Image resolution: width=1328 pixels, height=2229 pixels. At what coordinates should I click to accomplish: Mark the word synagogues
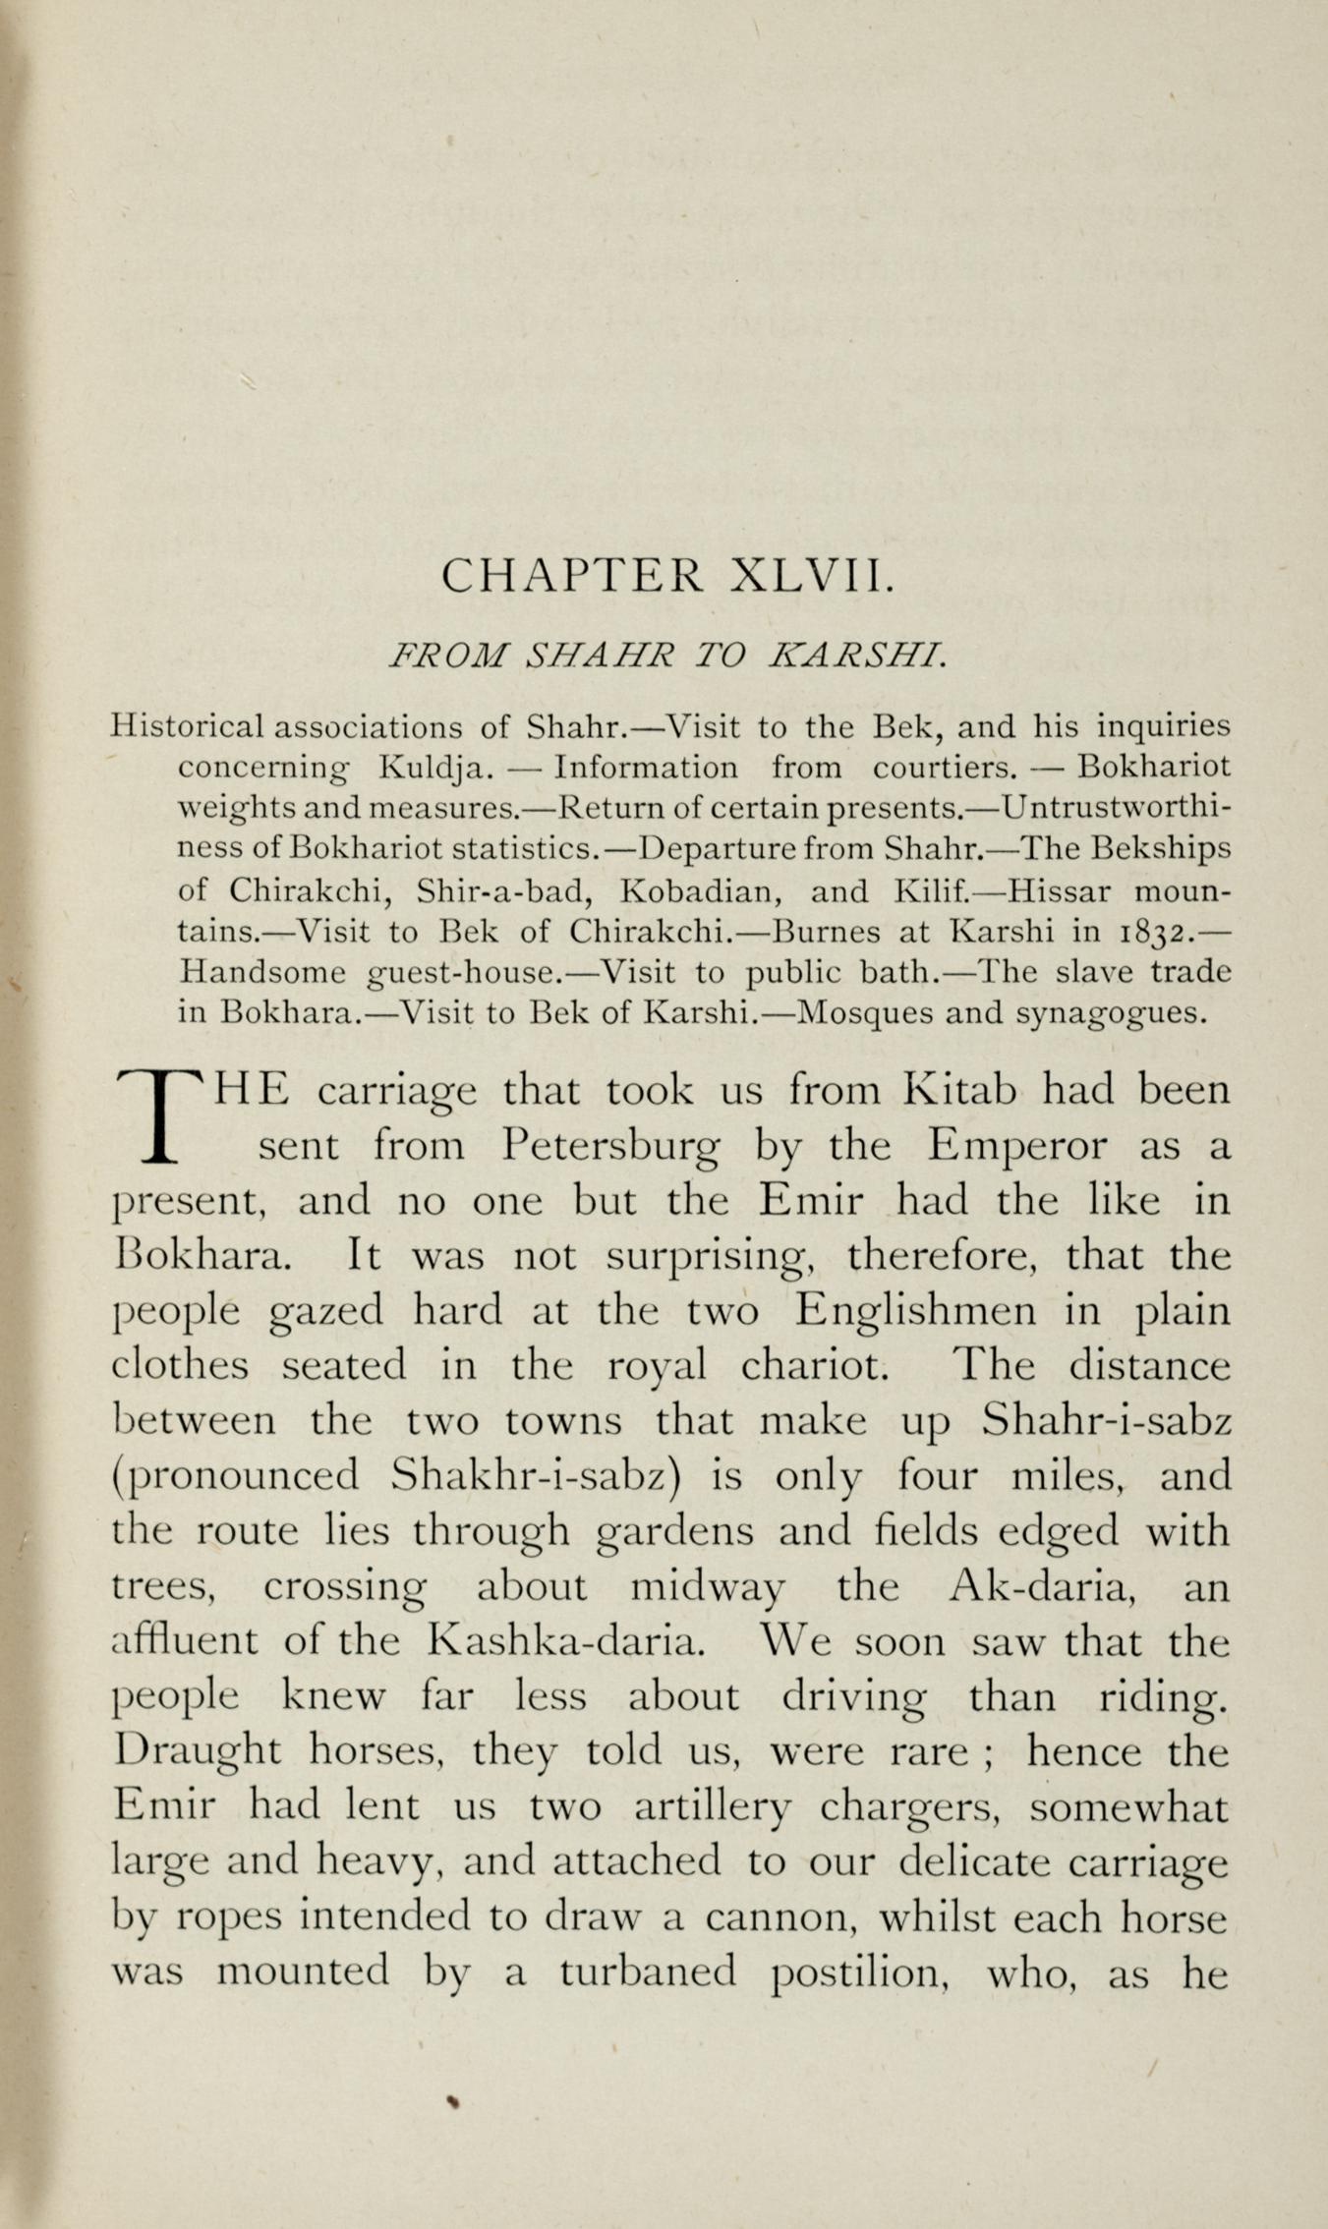click(x=1108, y=1013)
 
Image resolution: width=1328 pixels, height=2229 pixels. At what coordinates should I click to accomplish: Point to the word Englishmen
click(x=914, y=1311)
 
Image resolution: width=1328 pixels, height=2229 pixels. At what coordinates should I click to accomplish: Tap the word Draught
click(x=198, y=1751)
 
